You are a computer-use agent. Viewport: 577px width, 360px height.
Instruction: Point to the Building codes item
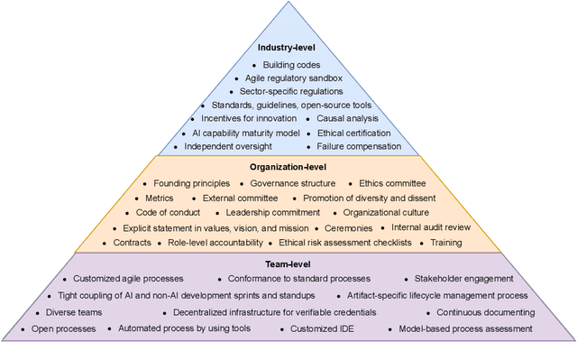(291, 65)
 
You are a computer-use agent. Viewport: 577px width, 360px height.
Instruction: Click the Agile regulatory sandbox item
(292, 78)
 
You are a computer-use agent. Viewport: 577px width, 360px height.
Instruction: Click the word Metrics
(160, 198)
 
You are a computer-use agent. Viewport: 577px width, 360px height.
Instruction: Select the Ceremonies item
(349, 227)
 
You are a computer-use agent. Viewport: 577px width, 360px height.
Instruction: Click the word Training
(446, 242)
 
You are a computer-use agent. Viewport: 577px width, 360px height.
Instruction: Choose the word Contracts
(133, 242)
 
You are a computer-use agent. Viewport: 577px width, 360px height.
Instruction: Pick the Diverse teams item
(75, 312)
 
